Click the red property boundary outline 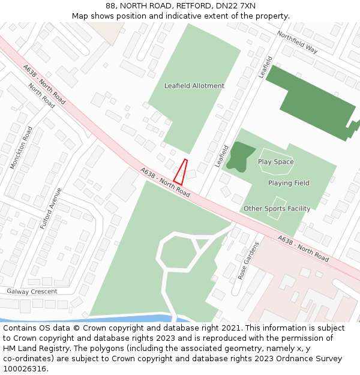[181, 172]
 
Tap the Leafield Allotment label [194, 86]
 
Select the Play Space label [275, 162]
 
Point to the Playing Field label [289, 183]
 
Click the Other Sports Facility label [277, 209]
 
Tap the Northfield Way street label [297, 42]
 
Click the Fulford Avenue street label [51, 208]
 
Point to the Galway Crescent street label [32, 292]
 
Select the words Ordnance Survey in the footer [310, 359]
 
